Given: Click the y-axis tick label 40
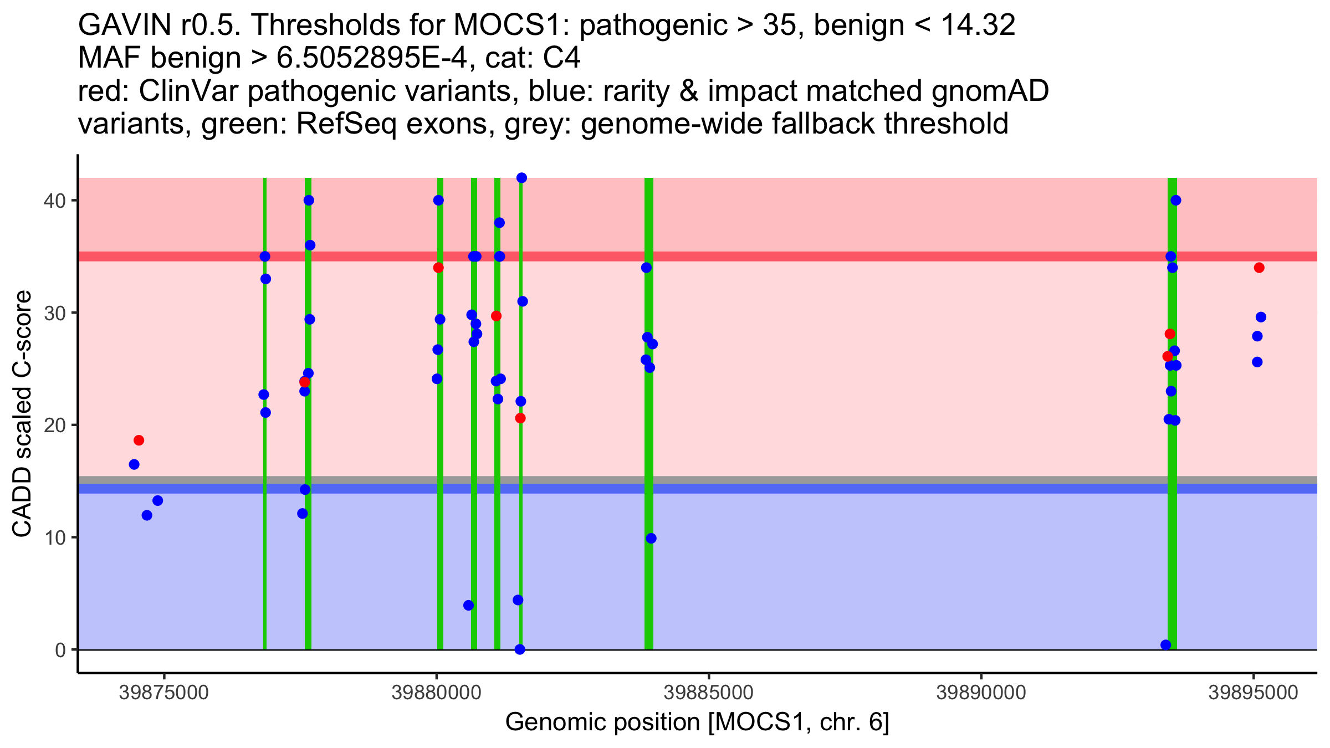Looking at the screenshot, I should tap(55, 201).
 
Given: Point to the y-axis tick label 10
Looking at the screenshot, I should tap(55, 538).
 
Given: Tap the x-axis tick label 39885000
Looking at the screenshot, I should tap(708, 693).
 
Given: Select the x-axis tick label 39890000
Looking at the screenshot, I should tap(981, 693).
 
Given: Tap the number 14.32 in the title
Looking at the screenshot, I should tap(978, 25).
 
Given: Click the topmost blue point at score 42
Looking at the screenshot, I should tap(521, 178).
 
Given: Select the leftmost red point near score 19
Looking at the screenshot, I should tap(139, 440).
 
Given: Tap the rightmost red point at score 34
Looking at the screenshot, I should tap(1259, 268).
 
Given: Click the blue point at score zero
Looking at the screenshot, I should tap(520, 649).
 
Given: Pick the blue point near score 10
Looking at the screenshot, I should tap(651, 539).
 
